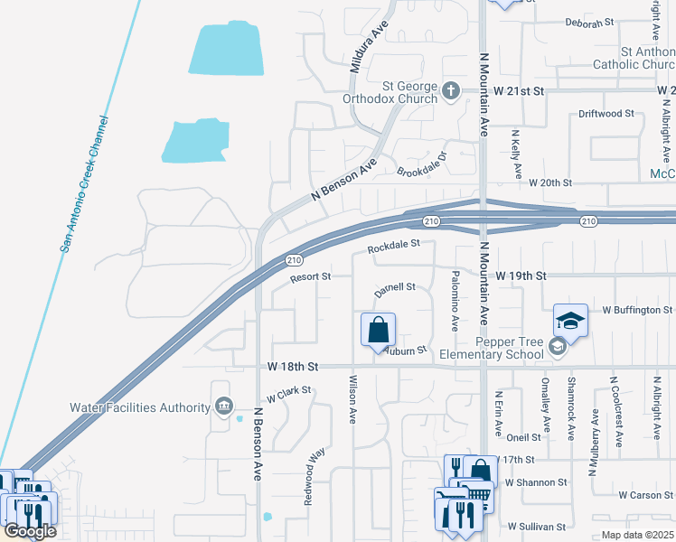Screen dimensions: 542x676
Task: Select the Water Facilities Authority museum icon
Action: [223, 406]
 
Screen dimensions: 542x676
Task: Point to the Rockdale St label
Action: [394, 245]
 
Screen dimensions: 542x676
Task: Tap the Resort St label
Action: [310, 277]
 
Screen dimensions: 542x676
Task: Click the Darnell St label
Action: [395, 289]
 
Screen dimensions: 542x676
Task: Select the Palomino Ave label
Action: [455, 299]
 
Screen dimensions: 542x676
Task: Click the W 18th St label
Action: [294, 367]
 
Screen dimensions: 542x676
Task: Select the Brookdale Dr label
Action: [422, 164]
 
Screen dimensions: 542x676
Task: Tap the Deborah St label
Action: [589, 22]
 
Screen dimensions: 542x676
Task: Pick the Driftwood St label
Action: [606, 114]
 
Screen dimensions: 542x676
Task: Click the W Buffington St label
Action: [632, 310]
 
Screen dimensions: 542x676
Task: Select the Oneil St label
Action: [523, 437]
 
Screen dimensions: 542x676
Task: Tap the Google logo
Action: [30, 532]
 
